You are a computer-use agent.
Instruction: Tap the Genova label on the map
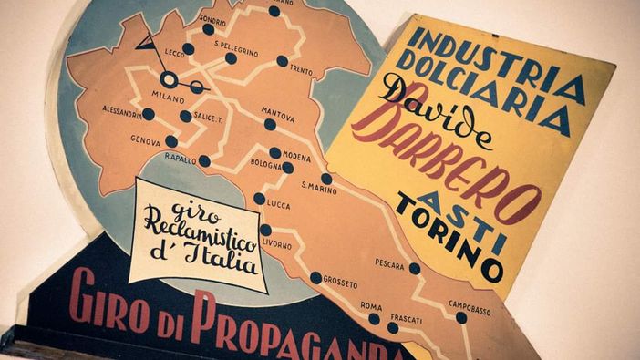coord(146,141)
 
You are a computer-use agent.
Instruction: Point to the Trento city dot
coord(283,61)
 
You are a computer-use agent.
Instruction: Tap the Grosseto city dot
coord(316,277)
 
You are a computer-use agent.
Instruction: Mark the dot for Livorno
coord(265,230)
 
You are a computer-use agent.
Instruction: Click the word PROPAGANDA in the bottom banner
coord(301,330)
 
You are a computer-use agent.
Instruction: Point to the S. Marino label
coord(319,190)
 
